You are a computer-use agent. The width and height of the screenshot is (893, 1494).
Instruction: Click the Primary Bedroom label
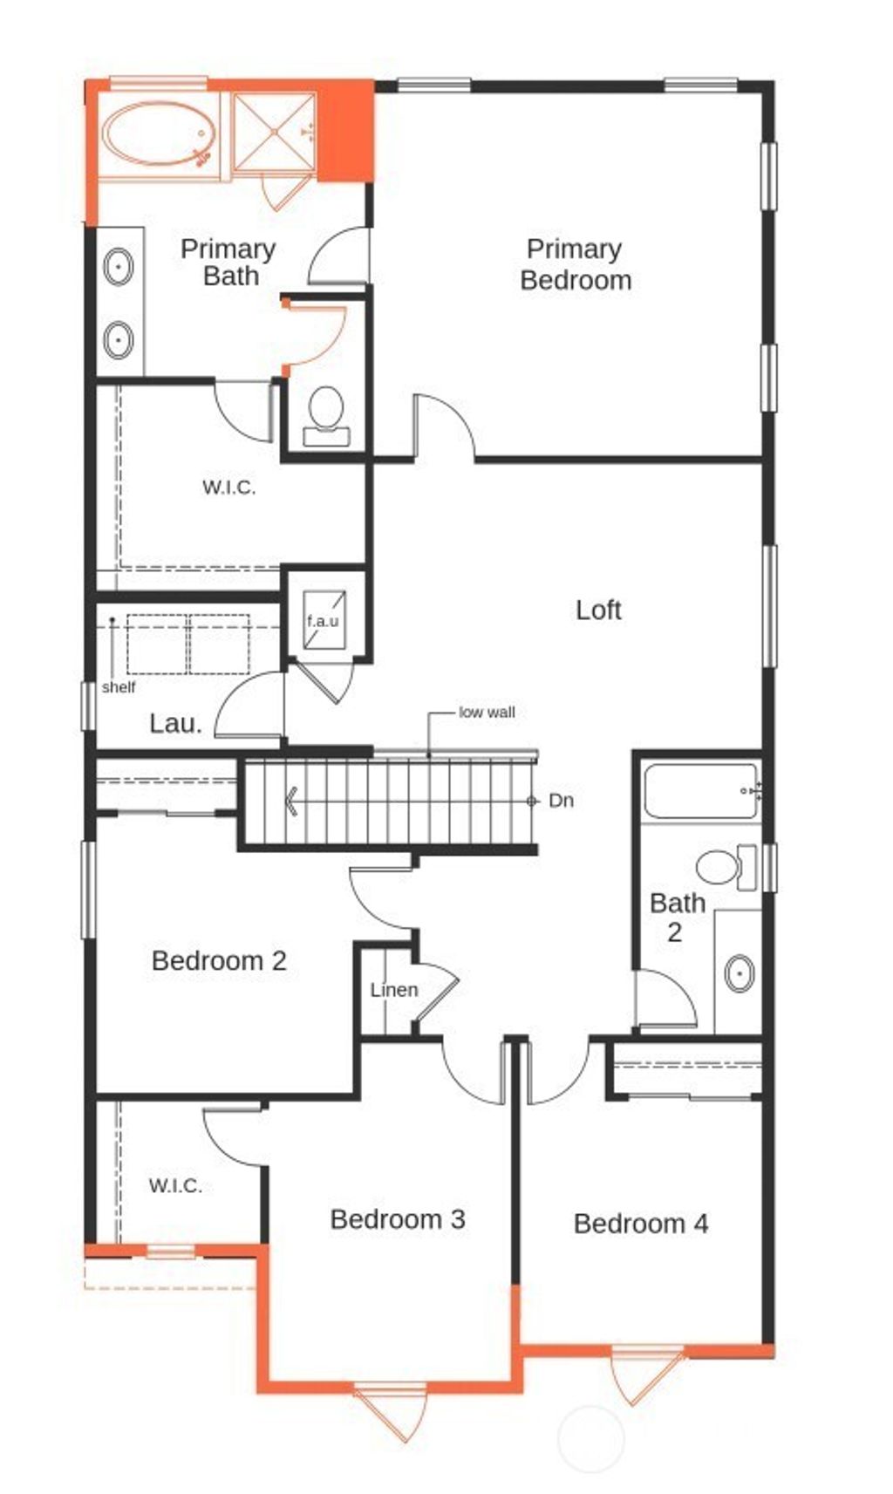click(575, 264)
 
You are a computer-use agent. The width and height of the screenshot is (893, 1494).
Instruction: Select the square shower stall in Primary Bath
click(274, 132)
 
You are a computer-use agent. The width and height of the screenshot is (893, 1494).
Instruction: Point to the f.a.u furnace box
click(323, 620)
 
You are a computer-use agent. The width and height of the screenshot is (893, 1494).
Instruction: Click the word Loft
click(598, 610)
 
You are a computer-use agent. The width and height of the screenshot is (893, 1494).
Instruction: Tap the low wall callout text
click(487, 713)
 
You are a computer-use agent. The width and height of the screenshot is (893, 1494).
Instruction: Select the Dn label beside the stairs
click(561, 801)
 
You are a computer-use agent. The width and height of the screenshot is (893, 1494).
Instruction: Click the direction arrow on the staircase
click(292, 801)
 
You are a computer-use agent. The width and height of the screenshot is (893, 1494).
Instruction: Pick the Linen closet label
click(393, 990)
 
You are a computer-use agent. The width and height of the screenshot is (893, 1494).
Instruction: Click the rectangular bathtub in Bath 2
click(700, 791)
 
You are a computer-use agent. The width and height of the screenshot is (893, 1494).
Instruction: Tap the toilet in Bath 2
click(720, 867)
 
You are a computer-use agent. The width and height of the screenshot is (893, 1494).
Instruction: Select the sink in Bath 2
click(740, 972)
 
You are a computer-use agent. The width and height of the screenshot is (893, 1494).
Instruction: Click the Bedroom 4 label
click(640, 1224)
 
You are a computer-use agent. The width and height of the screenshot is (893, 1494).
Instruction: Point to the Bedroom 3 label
click(398, 1219)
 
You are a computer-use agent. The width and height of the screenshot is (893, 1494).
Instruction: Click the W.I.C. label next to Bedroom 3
click(174, 1185)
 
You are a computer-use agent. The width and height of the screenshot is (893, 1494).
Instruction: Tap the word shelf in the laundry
click(119, 687)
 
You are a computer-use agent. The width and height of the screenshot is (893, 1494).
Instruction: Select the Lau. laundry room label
click(175, 723)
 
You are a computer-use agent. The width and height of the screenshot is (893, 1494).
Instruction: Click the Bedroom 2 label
click(219, 960)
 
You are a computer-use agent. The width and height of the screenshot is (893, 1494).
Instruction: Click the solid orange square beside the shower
click(345, 132)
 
